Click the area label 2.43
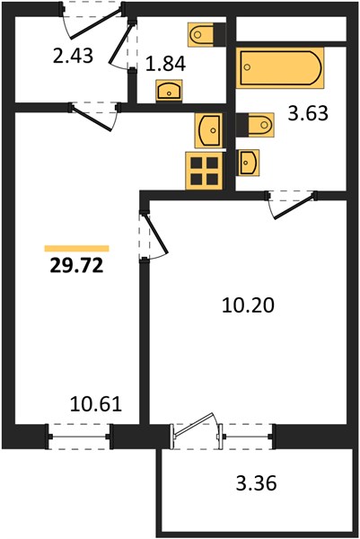(73, 56)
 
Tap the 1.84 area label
(165, 64)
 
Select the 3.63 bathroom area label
(308, 114)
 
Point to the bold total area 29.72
(76, 265)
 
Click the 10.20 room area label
(248, 305)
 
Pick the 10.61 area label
(96, 404)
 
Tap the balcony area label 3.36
(256, 483)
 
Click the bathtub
(280, 67)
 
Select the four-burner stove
(204, 171)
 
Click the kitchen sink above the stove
(208, 130)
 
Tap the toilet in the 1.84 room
(206, 34)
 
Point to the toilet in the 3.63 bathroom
(255, 125)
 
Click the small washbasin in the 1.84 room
(169, 91)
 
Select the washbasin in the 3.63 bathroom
(248, 163)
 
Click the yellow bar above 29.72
(76, 248)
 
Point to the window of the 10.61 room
(80, 437)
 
